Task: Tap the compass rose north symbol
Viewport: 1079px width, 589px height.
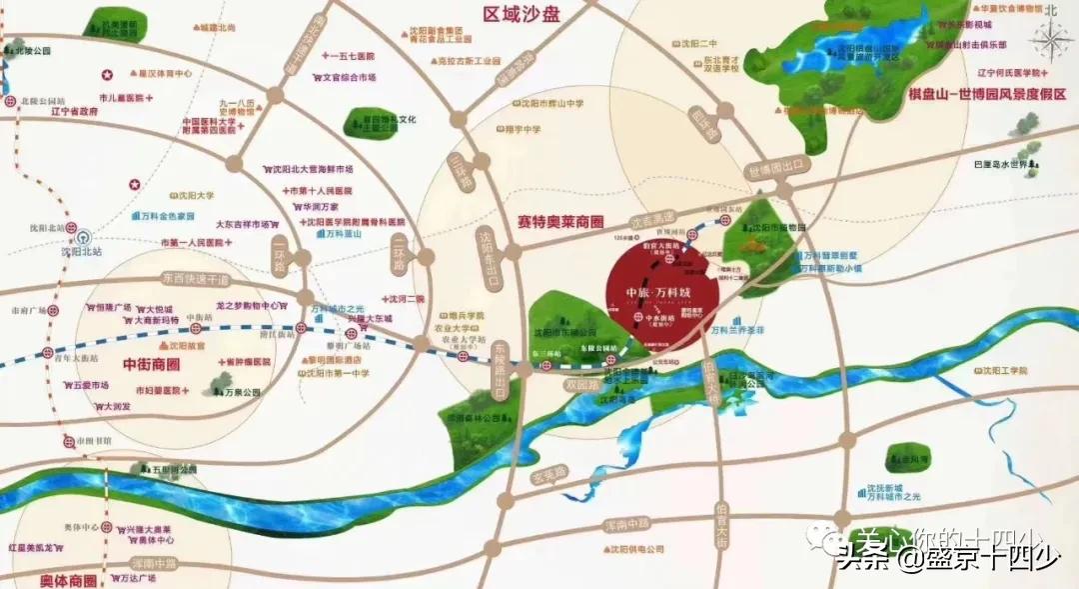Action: click(x=1051, y=38)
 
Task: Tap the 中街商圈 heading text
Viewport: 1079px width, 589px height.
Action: click(x=149, y=364)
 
